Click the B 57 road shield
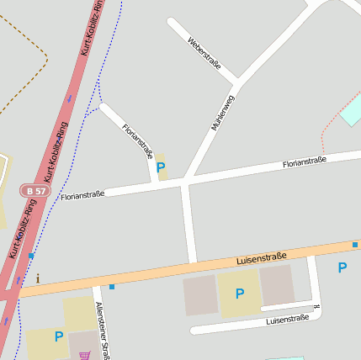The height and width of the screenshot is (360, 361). (35, 192)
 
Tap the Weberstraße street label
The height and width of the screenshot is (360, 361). (204, 53)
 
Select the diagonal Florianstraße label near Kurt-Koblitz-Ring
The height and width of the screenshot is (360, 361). (137, 140)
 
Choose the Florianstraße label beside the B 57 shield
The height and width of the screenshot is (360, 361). (82, 194)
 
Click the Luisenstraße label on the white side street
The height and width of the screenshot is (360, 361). (287, 320)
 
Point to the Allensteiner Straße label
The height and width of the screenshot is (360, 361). (103, 331)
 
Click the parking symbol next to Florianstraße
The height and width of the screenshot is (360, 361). (161, 167)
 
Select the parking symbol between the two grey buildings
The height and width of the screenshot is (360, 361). (240, 294)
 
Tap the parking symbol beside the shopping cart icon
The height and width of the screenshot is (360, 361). (59, 336)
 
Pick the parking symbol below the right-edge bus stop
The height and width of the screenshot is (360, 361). (342, 267)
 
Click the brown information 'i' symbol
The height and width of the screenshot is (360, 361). (37, 278)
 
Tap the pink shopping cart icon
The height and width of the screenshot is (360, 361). (84, 356)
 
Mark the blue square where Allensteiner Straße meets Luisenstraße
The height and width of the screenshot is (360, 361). (111, 287)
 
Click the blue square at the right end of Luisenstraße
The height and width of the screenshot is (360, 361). (355, 245)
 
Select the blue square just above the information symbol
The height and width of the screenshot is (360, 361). (31, 256)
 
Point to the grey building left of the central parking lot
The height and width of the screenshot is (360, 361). (200, 294)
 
